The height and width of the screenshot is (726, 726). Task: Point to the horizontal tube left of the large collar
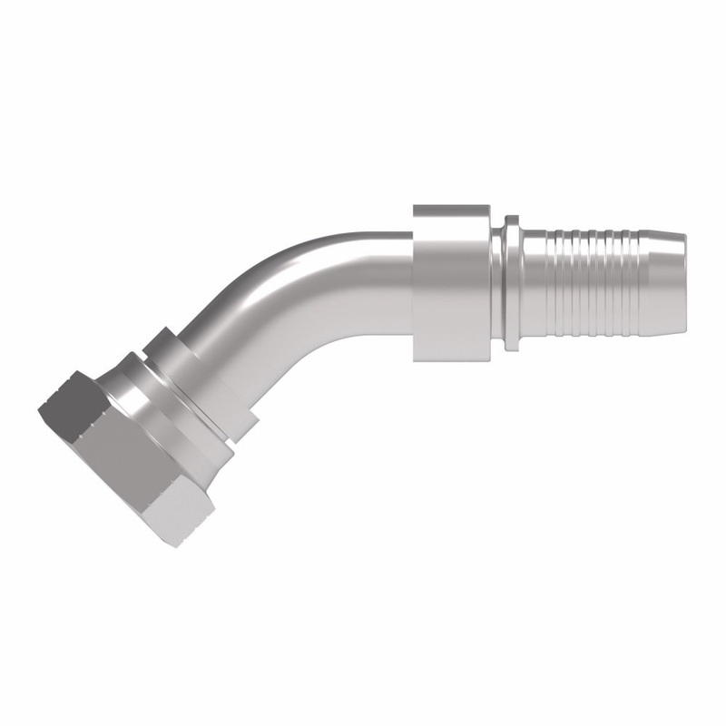click(x=381, y=260)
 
